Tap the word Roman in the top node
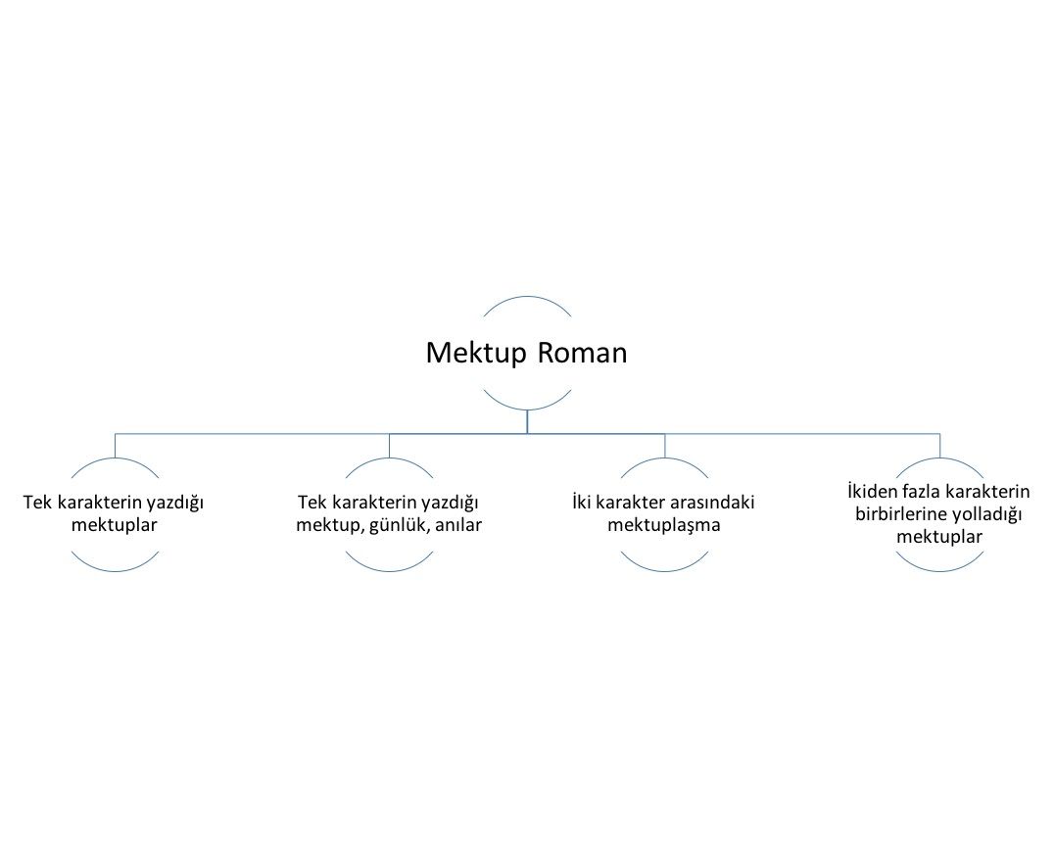click(x=582, y=353)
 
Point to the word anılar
click(x=458, y=525)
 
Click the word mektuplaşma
click(x=664, y=525)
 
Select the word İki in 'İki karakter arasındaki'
click(x=582, y=502)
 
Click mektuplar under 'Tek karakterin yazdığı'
click(x=115, y=525)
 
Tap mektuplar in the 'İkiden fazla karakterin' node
click(x=939, y=537)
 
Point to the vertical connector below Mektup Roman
click(x=527, y=421)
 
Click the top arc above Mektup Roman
click(x=527, y=297)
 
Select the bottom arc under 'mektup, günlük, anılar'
click(x=389, y=570)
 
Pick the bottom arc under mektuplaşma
click(x=664, y=570)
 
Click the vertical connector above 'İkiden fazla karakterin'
click(x=939, y=446)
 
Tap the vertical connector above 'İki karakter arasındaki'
click(x=665, y=446)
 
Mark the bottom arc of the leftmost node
click(x=115, y=570)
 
